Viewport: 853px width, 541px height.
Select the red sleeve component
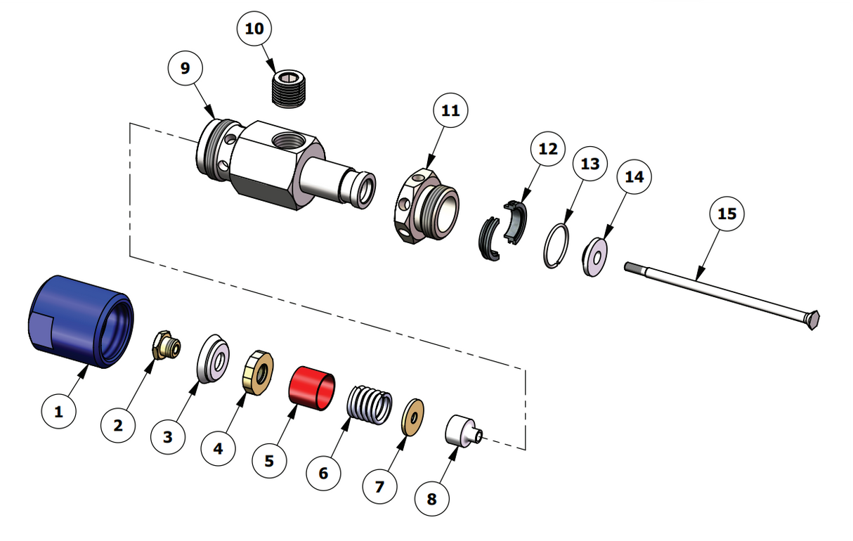[313, 387]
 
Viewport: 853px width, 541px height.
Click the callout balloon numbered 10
[254, 29]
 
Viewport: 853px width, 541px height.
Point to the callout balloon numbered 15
[727, 213]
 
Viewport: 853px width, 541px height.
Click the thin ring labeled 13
[558, 245]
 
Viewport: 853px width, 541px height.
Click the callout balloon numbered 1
[59, 412]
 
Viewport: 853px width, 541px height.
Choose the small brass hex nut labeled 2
[166, 344]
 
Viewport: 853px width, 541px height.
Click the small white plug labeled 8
[461, 429]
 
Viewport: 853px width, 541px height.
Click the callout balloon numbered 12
[548, 149]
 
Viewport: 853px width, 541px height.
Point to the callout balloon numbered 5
[269, 461]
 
